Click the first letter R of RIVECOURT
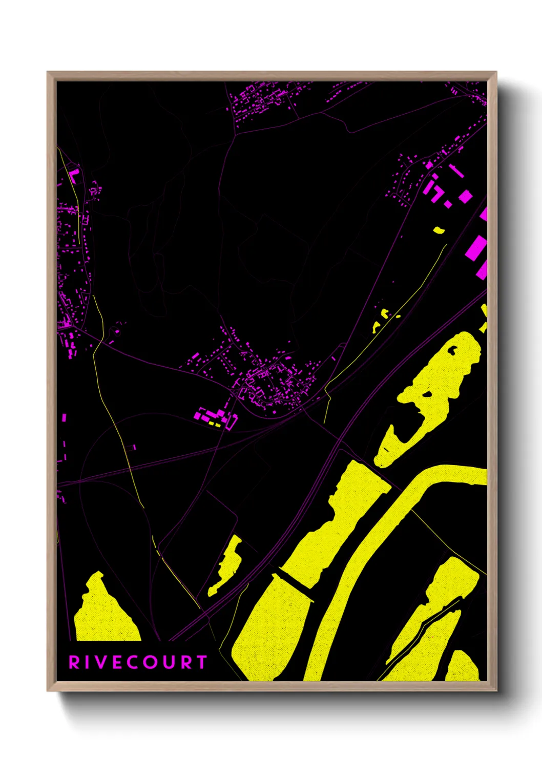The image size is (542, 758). pyautogui.click(x=74, y=662)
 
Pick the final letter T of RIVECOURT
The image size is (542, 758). pyautogui.click(x=201, y=662)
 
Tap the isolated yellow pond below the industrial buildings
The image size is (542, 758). pyautogui.click(x=439, y=230)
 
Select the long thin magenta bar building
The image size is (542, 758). pyautogui.click(x=456, y=171)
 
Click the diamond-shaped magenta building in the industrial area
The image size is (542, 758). pyautogui.click(x=465, y=196)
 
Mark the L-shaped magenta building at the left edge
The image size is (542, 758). pyautogui.click(x=73, y=175)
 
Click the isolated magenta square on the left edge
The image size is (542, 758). pyautogui.click(x=64, y=417)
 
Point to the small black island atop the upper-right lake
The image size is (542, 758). pyautogui.click(x=452, y=350)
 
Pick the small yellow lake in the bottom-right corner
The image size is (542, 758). pyautogui.click(x=462, y=666)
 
